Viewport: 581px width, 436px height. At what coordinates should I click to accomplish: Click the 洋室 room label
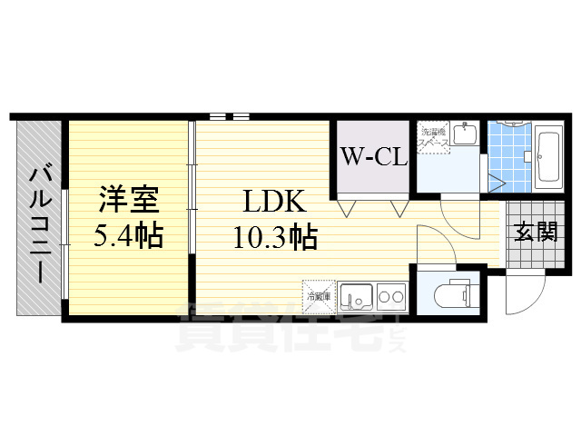click(x=128, y=197)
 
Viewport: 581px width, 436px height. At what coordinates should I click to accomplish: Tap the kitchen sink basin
click(x=355, y=296)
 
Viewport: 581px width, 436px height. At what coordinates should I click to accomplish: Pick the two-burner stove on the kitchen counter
click(x=391, y=295)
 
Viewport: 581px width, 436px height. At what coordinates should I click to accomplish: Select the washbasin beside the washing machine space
click(x=464, y=136)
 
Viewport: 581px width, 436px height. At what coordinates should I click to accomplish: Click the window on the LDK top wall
click(x=229, y=116)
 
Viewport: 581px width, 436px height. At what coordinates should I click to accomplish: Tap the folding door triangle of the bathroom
click(x=496, y=180)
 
